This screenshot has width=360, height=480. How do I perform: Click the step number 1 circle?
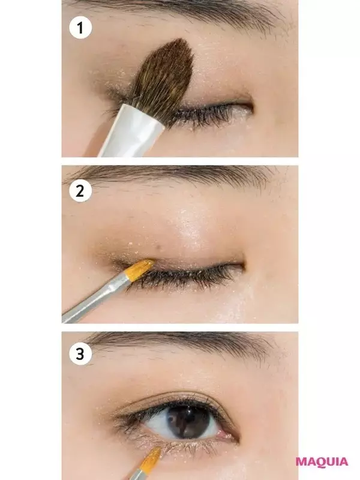(x=80, y=28)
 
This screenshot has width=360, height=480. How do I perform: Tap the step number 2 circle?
(x=80, y=191)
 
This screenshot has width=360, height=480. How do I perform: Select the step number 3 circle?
(x=80, y=354)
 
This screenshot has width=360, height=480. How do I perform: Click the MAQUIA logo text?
(x=322, y=462)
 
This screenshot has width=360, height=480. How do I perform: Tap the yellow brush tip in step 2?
(x=140, y=269)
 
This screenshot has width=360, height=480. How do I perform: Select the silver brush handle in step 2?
(x=95, y=298)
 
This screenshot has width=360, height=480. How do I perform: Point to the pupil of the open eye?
(x=188, y=422)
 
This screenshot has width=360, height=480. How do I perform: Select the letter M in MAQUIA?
(x=302, y=462)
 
